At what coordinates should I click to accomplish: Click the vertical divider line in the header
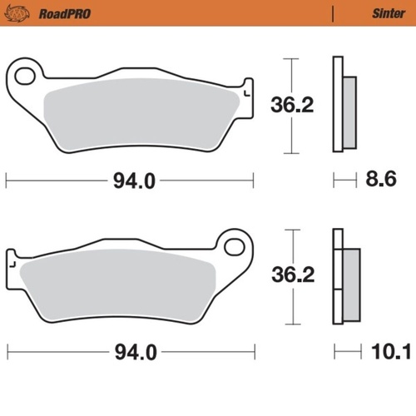(x=332, y=13)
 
